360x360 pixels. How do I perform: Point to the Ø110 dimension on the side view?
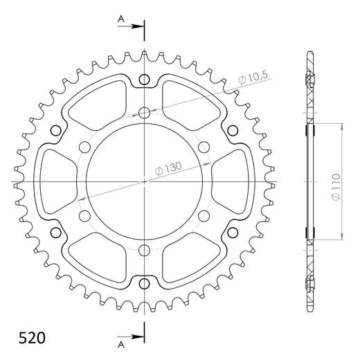click(x=334, y=187)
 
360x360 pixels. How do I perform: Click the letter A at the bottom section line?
click(x=121, y=343)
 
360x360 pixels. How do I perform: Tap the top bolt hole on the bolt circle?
click(x=144, y=113)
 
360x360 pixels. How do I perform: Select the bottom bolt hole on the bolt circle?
click(x=144, y=250)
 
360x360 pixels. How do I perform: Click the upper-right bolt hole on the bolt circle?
click(x=204, y=147)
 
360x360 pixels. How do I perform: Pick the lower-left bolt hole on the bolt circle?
click(x=84, y=216)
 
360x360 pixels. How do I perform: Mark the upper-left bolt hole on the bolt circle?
click(x=84, y=147)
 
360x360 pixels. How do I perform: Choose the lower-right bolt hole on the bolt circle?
click(x=204, y=216)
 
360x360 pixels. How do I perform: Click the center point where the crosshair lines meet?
click(x=144, y=181)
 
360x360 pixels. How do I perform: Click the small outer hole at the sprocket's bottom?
click(x=144, y=283)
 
